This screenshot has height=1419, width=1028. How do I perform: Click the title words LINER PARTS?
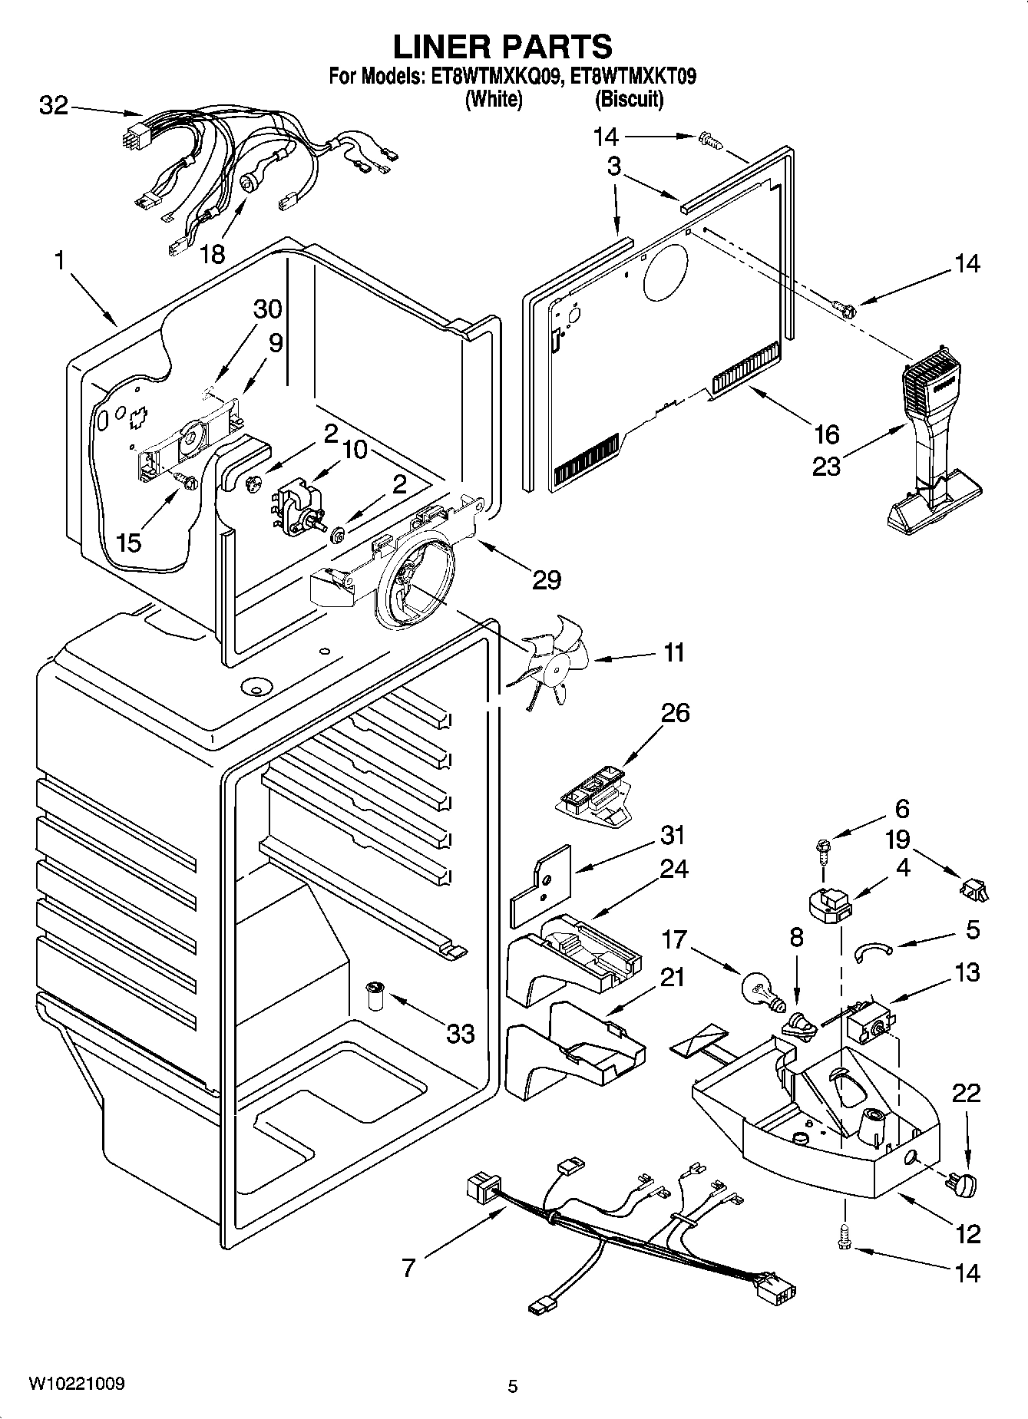pyautogui.click(x=503, y=47)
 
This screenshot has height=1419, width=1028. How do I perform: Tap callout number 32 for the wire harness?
pyautogui.click(x=54, y=106)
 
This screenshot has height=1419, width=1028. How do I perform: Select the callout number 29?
pyautogui.click(x=547, y=580)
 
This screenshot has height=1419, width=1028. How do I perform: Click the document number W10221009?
pyautogui.click(x=76, y=1384)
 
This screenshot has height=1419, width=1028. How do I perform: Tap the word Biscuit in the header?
pyautogui.click(x=629, y=100)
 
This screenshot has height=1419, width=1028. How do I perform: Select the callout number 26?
pyautogui.click(x=676, y=713)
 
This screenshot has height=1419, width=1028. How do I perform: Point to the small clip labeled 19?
pyautogui.click(x=973, y=889)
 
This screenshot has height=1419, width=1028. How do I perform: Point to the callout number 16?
pyautogui.click(x=826, y=434)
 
